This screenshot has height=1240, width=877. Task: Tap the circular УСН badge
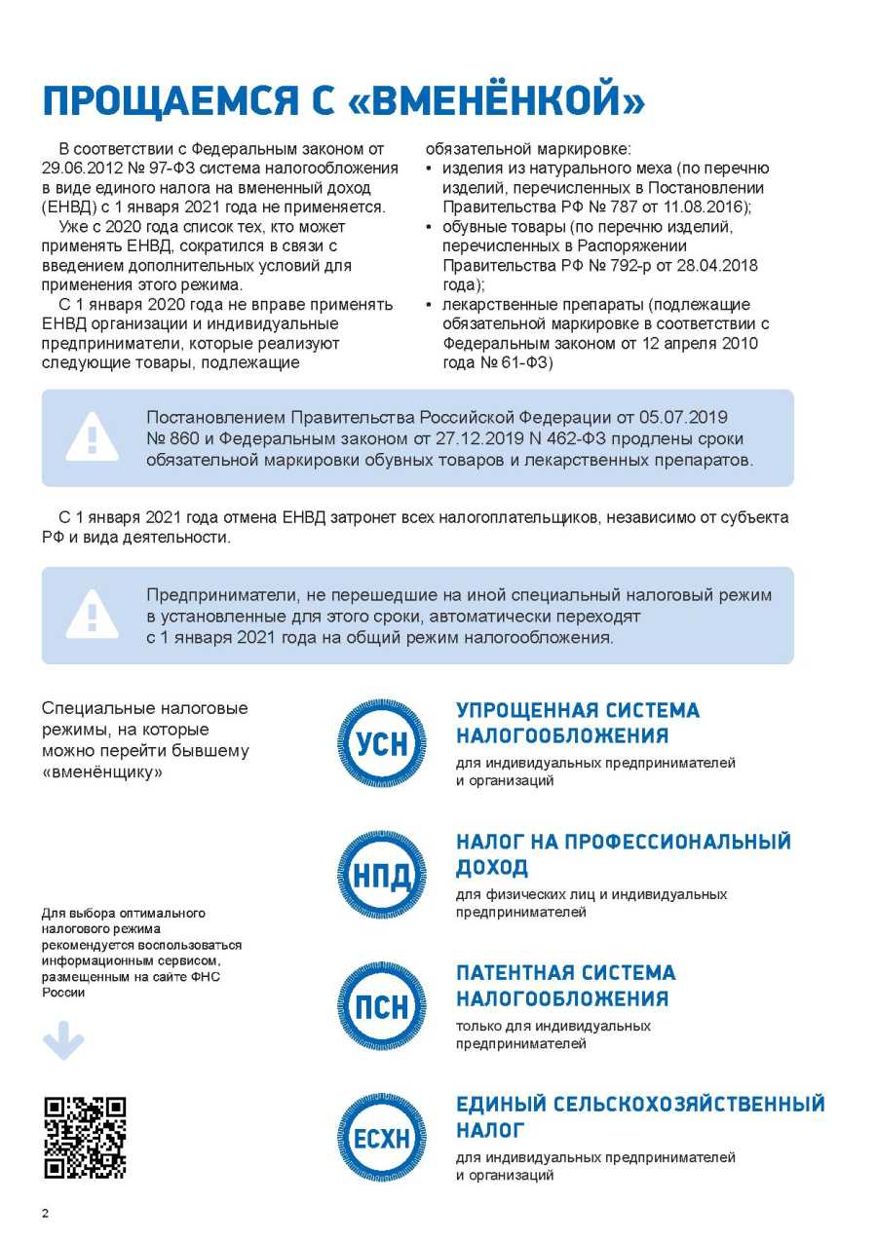(x=382, y=743)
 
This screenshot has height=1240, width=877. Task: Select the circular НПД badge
(x=382, y=875)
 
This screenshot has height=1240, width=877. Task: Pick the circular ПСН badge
(x=382, y=1005)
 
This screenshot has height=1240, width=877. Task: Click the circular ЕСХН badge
(x=382, y=1137)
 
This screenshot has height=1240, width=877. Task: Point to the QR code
(x=85, y=1137)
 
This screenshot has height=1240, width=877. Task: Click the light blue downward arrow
(x=63, y=1041)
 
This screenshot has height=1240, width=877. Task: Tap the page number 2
(x=45, y=1213)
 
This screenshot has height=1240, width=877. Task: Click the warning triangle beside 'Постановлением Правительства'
(x=92, y=437)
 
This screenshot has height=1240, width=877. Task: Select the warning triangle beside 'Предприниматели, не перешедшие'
(x=92, y=615)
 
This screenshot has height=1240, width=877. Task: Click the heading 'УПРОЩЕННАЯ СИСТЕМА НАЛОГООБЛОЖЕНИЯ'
(x=578, y=723)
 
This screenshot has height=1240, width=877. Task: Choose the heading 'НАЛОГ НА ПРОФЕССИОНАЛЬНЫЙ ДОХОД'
(x=623, y=854)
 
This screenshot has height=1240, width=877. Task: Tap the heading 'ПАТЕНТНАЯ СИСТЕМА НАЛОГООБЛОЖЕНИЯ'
(x=565, y=985)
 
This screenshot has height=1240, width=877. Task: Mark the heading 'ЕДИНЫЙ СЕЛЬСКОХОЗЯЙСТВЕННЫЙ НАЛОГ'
(x=639, y=1116)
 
